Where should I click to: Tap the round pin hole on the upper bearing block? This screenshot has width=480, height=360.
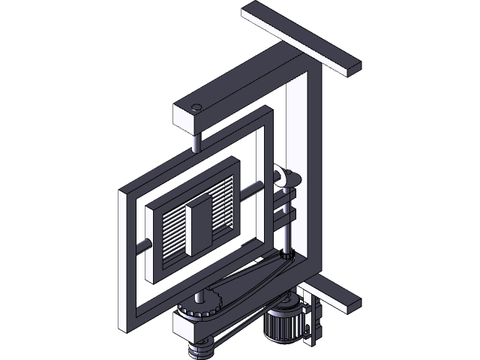coord(196,106)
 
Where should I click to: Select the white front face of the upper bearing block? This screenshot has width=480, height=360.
coord(187,120)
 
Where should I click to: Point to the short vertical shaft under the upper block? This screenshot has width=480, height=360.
coord(196,140)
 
